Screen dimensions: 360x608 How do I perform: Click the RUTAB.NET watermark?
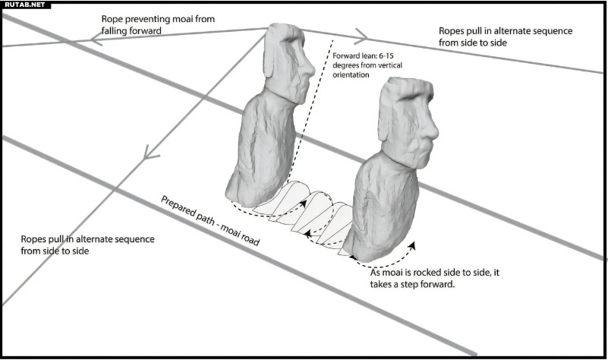(x=24, y=5)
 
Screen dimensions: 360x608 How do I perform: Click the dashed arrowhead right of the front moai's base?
(x=414, y=245)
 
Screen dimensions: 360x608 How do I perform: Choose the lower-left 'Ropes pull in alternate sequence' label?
(x=88, y=245)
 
